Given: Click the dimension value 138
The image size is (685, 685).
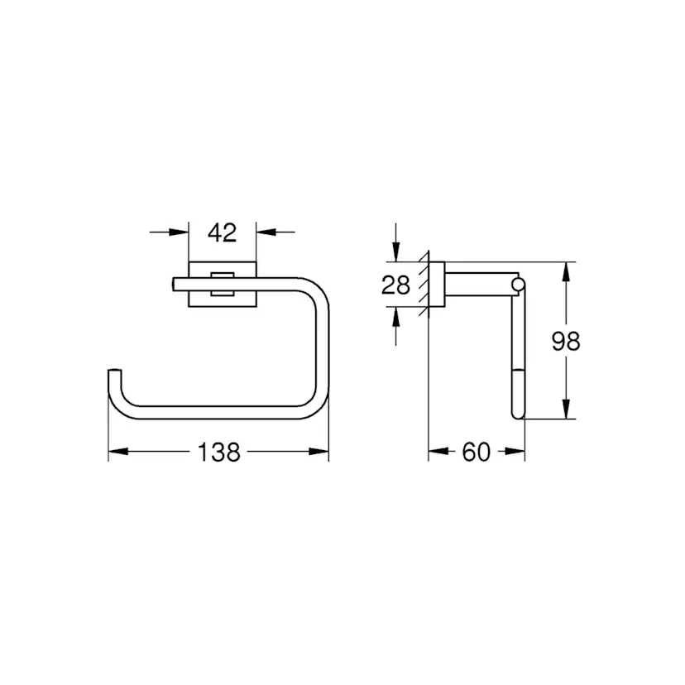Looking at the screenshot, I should [x=218, y=453].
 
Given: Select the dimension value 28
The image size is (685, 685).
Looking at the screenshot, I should [x=395, y=285].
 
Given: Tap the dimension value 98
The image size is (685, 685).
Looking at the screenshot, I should [x=567, y=341].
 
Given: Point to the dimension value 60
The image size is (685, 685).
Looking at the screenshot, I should [x=476, y=453].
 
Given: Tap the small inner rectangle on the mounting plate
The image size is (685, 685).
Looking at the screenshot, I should [x=221, y=282].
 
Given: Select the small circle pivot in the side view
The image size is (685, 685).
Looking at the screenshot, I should [x=518, y=286].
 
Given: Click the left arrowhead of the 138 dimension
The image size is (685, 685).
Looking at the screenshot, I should [x=116, y=453].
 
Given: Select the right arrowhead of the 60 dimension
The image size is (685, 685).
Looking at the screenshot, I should [x=517, y=453].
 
